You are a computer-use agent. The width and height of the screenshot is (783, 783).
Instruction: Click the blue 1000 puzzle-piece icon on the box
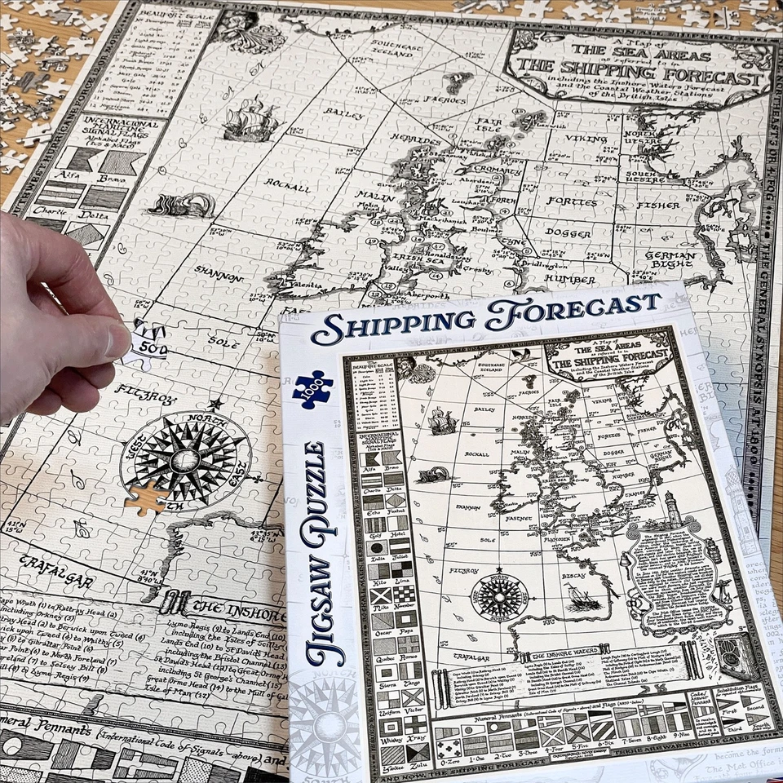[312, 388]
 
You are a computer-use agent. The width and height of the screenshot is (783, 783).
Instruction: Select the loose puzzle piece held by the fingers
[149, 340]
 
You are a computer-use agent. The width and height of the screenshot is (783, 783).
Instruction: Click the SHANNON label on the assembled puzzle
[218, 276]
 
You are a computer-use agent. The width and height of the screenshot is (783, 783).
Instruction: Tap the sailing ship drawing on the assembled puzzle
[250, 120]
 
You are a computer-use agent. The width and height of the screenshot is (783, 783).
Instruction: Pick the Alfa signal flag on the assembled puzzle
[82, 159]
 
